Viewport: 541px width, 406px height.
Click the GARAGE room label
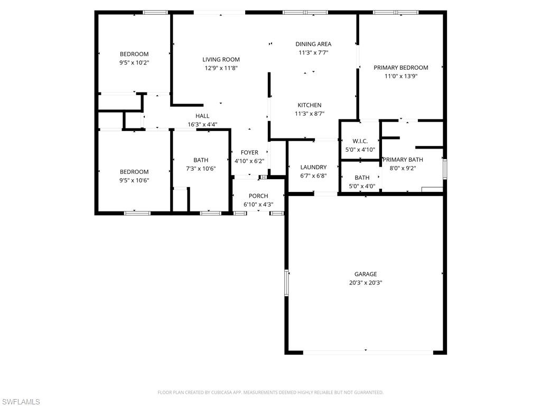pyautogui.click(x=366, y=274)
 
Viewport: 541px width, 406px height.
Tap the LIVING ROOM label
pyautogui.click(x=221, y=60)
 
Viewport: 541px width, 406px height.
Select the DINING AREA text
pyautogui.click(x=313, y=44)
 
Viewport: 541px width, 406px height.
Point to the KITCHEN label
pyautogui.click(x=309, y=105)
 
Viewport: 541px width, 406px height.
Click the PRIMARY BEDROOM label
pyautogui.click(x=400, y=68)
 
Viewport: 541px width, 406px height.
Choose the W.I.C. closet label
pyautogui.click(x=360, y=141)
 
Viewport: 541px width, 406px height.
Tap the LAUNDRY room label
pyautogui.click(x=313, y=168)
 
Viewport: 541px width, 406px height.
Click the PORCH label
pyautogui.click(x=258, y=196)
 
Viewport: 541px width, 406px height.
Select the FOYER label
pyautogui.click(x=249, y=153)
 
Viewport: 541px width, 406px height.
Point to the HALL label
pyautogui.click(x=202, y=116)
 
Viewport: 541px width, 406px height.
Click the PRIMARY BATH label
pyautogui.click(x=403, y=160)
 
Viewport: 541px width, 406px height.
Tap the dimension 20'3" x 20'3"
pyautogui.click(x=366, y=283)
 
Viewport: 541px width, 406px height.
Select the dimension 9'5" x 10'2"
pyautogui.click(x=134, y=62)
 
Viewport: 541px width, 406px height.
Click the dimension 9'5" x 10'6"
pyautogui.click(x=134, y=180)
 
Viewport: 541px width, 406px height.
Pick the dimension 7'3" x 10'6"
pyautogui.click(x=201, y=169)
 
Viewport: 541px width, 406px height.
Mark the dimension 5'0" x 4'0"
pyautogui.click(x=362, y=186)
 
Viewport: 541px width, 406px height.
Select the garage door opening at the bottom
pyautogui.click(x=366, y=352)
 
